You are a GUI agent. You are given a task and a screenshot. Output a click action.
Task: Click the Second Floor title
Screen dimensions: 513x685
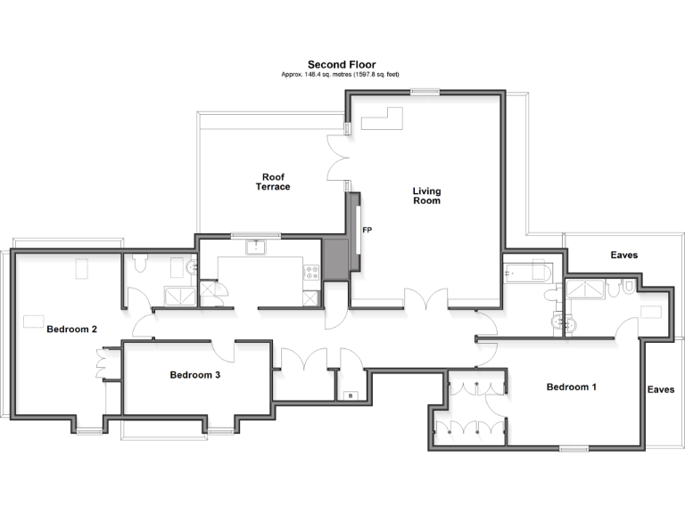tap(342, 64)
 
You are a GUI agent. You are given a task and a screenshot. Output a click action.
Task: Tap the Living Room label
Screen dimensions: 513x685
tap(426, 196)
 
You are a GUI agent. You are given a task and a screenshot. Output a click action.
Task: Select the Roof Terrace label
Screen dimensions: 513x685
tap(273, 182)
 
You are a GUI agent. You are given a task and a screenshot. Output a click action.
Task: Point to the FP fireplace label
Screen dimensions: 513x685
tap(367, 230)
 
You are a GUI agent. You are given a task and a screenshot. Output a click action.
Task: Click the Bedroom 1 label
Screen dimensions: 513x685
tap(572, 387)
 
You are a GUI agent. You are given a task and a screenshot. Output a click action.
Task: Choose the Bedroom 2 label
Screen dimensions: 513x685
tap(71, 329)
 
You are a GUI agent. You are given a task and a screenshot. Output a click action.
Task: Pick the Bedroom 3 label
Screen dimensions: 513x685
tap(194, 375)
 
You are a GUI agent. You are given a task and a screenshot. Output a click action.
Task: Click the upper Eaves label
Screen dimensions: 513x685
tap(623, 256)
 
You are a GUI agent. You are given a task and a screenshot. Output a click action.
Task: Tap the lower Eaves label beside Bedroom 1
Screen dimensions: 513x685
tap(661, 389)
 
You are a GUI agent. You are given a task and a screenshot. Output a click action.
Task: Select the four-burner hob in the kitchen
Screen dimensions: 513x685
tap(311, 273)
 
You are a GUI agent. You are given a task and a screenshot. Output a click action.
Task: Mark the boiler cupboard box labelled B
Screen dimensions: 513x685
tap(350, 395)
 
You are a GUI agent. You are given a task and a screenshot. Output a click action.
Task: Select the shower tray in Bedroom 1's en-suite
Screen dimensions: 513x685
tap(583, 287)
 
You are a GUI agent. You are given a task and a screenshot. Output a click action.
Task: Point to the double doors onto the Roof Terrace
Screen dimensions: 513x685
tap(337, 159)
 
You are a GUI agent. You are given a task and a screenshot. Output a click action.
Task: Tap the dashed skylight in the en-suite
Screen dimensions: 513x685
tap(652, 312)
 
